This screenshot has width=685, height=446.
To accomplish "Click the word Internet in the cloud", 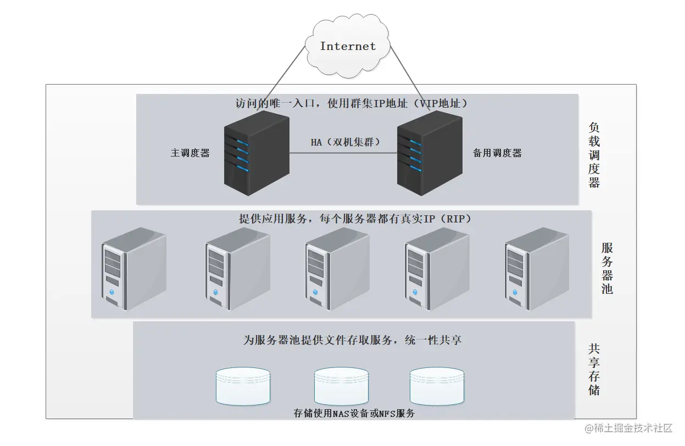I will (348, 46).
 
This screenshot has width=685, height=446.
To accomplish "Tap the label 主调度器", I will (190, 153).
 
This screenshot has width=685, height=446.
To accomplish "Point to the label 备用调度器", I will (497, 153).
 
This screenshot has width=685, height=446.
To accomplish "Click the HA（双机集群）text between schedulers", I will (346, 142).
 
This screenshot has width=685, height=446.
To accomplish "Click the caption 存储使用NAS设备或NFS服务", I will (354, 414).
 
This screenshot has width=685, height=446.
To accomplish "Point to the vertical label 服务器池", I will (607, 268).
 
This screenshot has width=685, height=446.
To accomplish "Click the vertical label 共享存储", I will (594, 370).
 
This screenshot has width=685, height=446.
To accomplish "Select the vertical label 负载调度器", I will (594, 155).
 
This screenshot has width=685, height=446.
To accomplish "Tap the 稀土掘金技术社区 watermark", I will (628, 428).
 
